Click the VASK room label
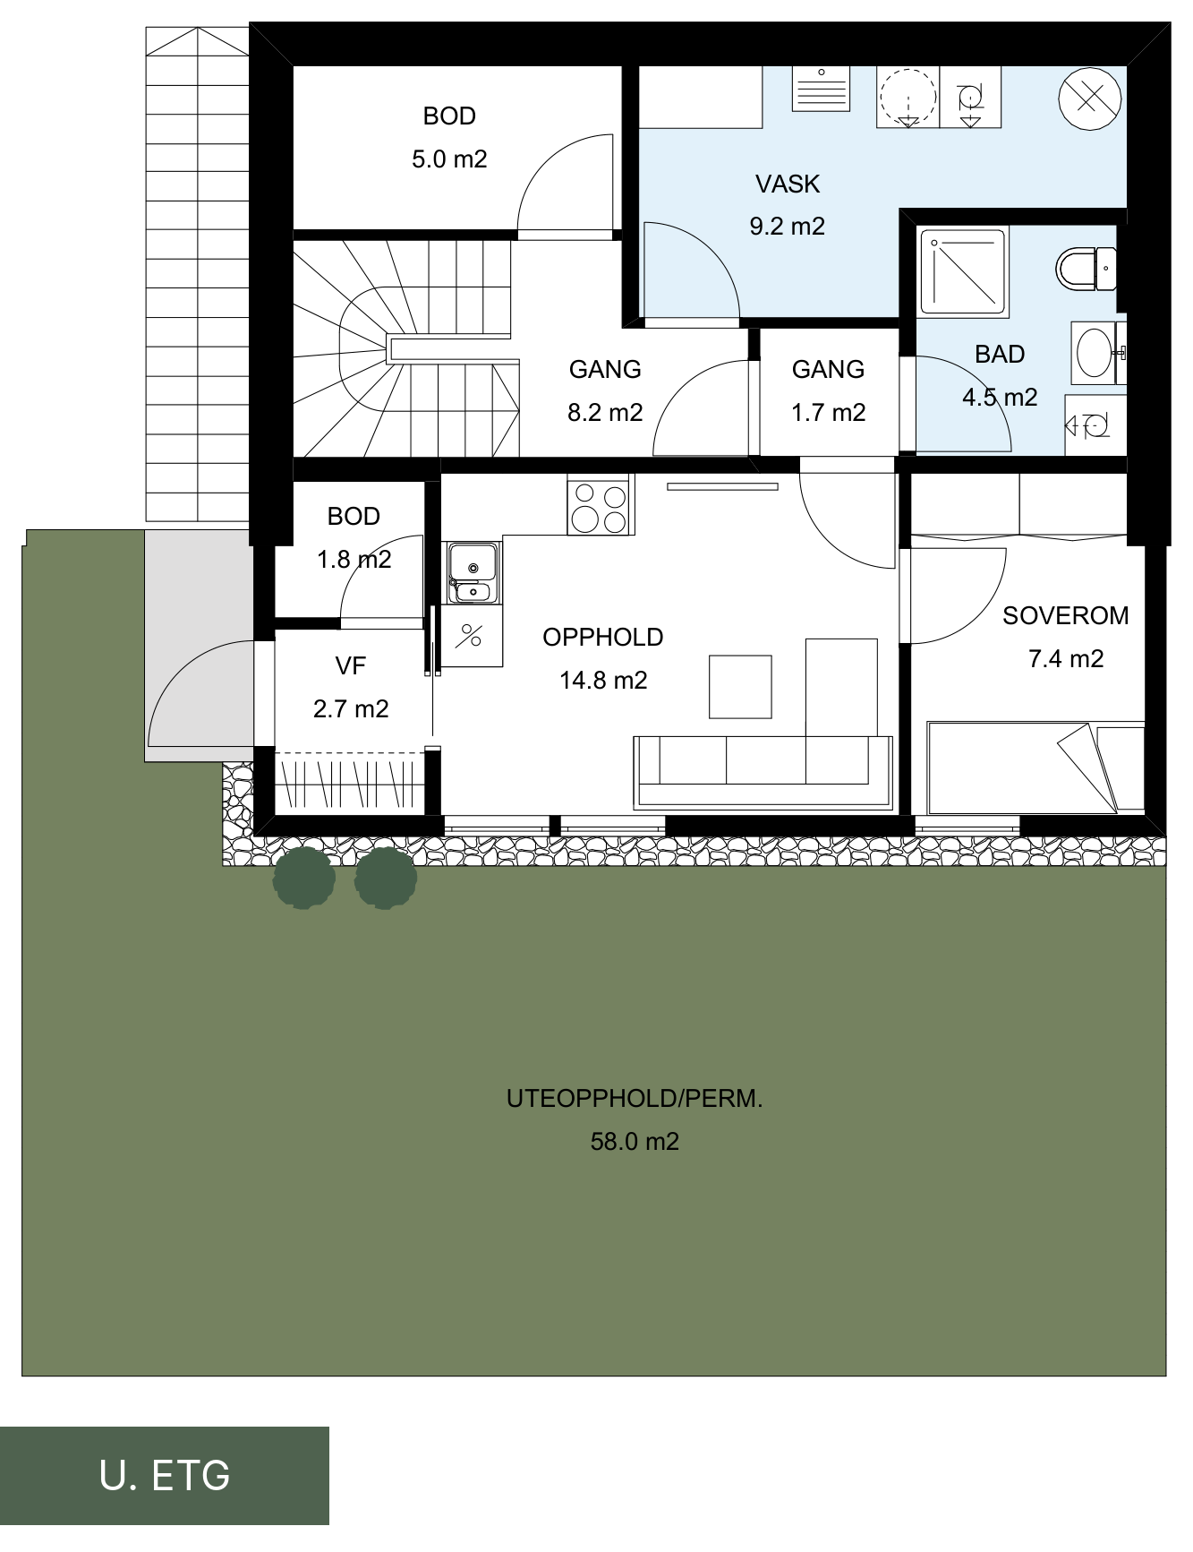point(788,184)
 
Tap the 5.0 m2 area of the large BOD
point(449,159)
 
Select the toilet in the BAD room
point(1086,269)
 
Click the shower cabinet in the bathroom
point(963,270)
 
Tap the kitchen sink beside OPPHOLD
point(473,571)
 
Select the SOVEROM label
point(1065,616)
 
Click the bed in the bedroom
point(1036,767)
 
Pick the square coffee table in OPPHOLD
point(740,687)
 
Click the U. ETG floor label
point(165,1475)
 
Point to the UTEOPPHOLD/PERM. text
point(635,1099)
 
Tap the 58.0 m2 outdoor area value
point(635,1142)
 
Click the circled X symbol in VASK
point(1089,99)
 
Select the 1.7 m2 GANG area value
point(828,413)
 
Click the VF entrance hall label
point(351,666)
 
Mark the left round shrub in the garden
point(304,879)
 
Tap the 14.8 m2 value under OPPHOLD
point(603,681)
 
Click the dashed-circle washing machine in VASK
point(908,97)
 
